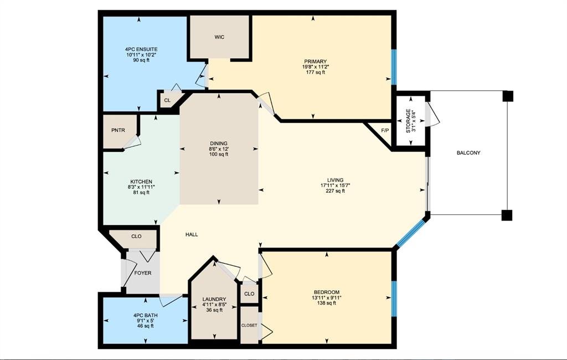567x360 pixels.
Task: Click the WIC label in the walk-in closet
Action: coord(219,37)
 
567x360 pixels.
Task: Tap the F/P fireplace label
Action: coord(385,130)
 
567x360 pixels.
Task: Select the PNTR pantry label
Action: coord(118,130)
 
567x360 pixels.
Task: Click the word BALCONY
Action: coord(468,153)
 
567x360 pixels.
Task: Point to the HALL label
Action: coord(192,234)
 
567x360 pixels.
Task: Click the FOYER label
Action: coord(143,273)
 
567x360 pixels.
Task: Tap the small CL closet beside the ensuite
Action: coord(167,100)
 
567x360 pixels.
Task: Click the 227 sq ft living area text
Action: coord(335,191)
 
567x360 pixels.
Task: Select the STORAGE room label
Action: coord(408,121)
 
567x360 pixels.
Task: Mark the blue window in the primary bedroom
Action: coord(394,68)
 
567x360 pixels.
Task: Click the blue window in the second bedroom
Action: coord(394,299)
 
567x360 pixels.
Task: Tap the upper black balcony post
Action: coord(507,96)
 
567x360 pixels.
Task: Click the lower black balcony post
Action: coord(507,215)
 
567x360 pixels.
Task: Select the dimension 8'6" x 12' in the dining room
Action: coord(218,148)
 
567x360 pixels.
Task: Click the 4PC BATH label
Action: coord(146,315)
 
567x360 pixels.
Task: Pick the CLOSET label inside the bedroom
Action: coord(249,325)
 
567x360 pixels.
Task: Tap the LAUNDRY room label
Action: coord(214,299)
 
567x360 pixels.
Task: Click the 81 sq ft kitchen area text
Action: coord(141,193)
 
